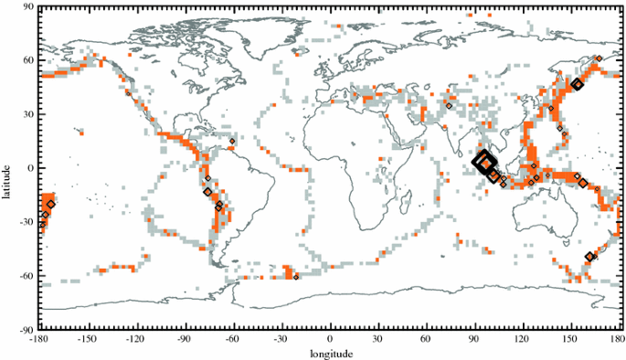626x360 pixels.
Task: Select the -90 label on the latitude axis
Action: [x=27, y=329]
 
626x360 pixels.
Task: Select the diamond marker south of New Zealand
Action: [x=590, y=257]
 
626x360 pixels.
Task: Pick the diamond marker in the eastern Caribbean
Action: [x=232, y=141]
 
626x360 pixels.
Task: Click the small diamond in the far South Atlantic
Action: [x=296, y=276]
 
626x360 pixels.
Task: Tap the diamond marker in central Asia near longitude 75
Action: [x=449, y=106]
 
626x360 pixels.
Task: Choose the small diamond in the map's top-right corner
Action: [x=599, y=58]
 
